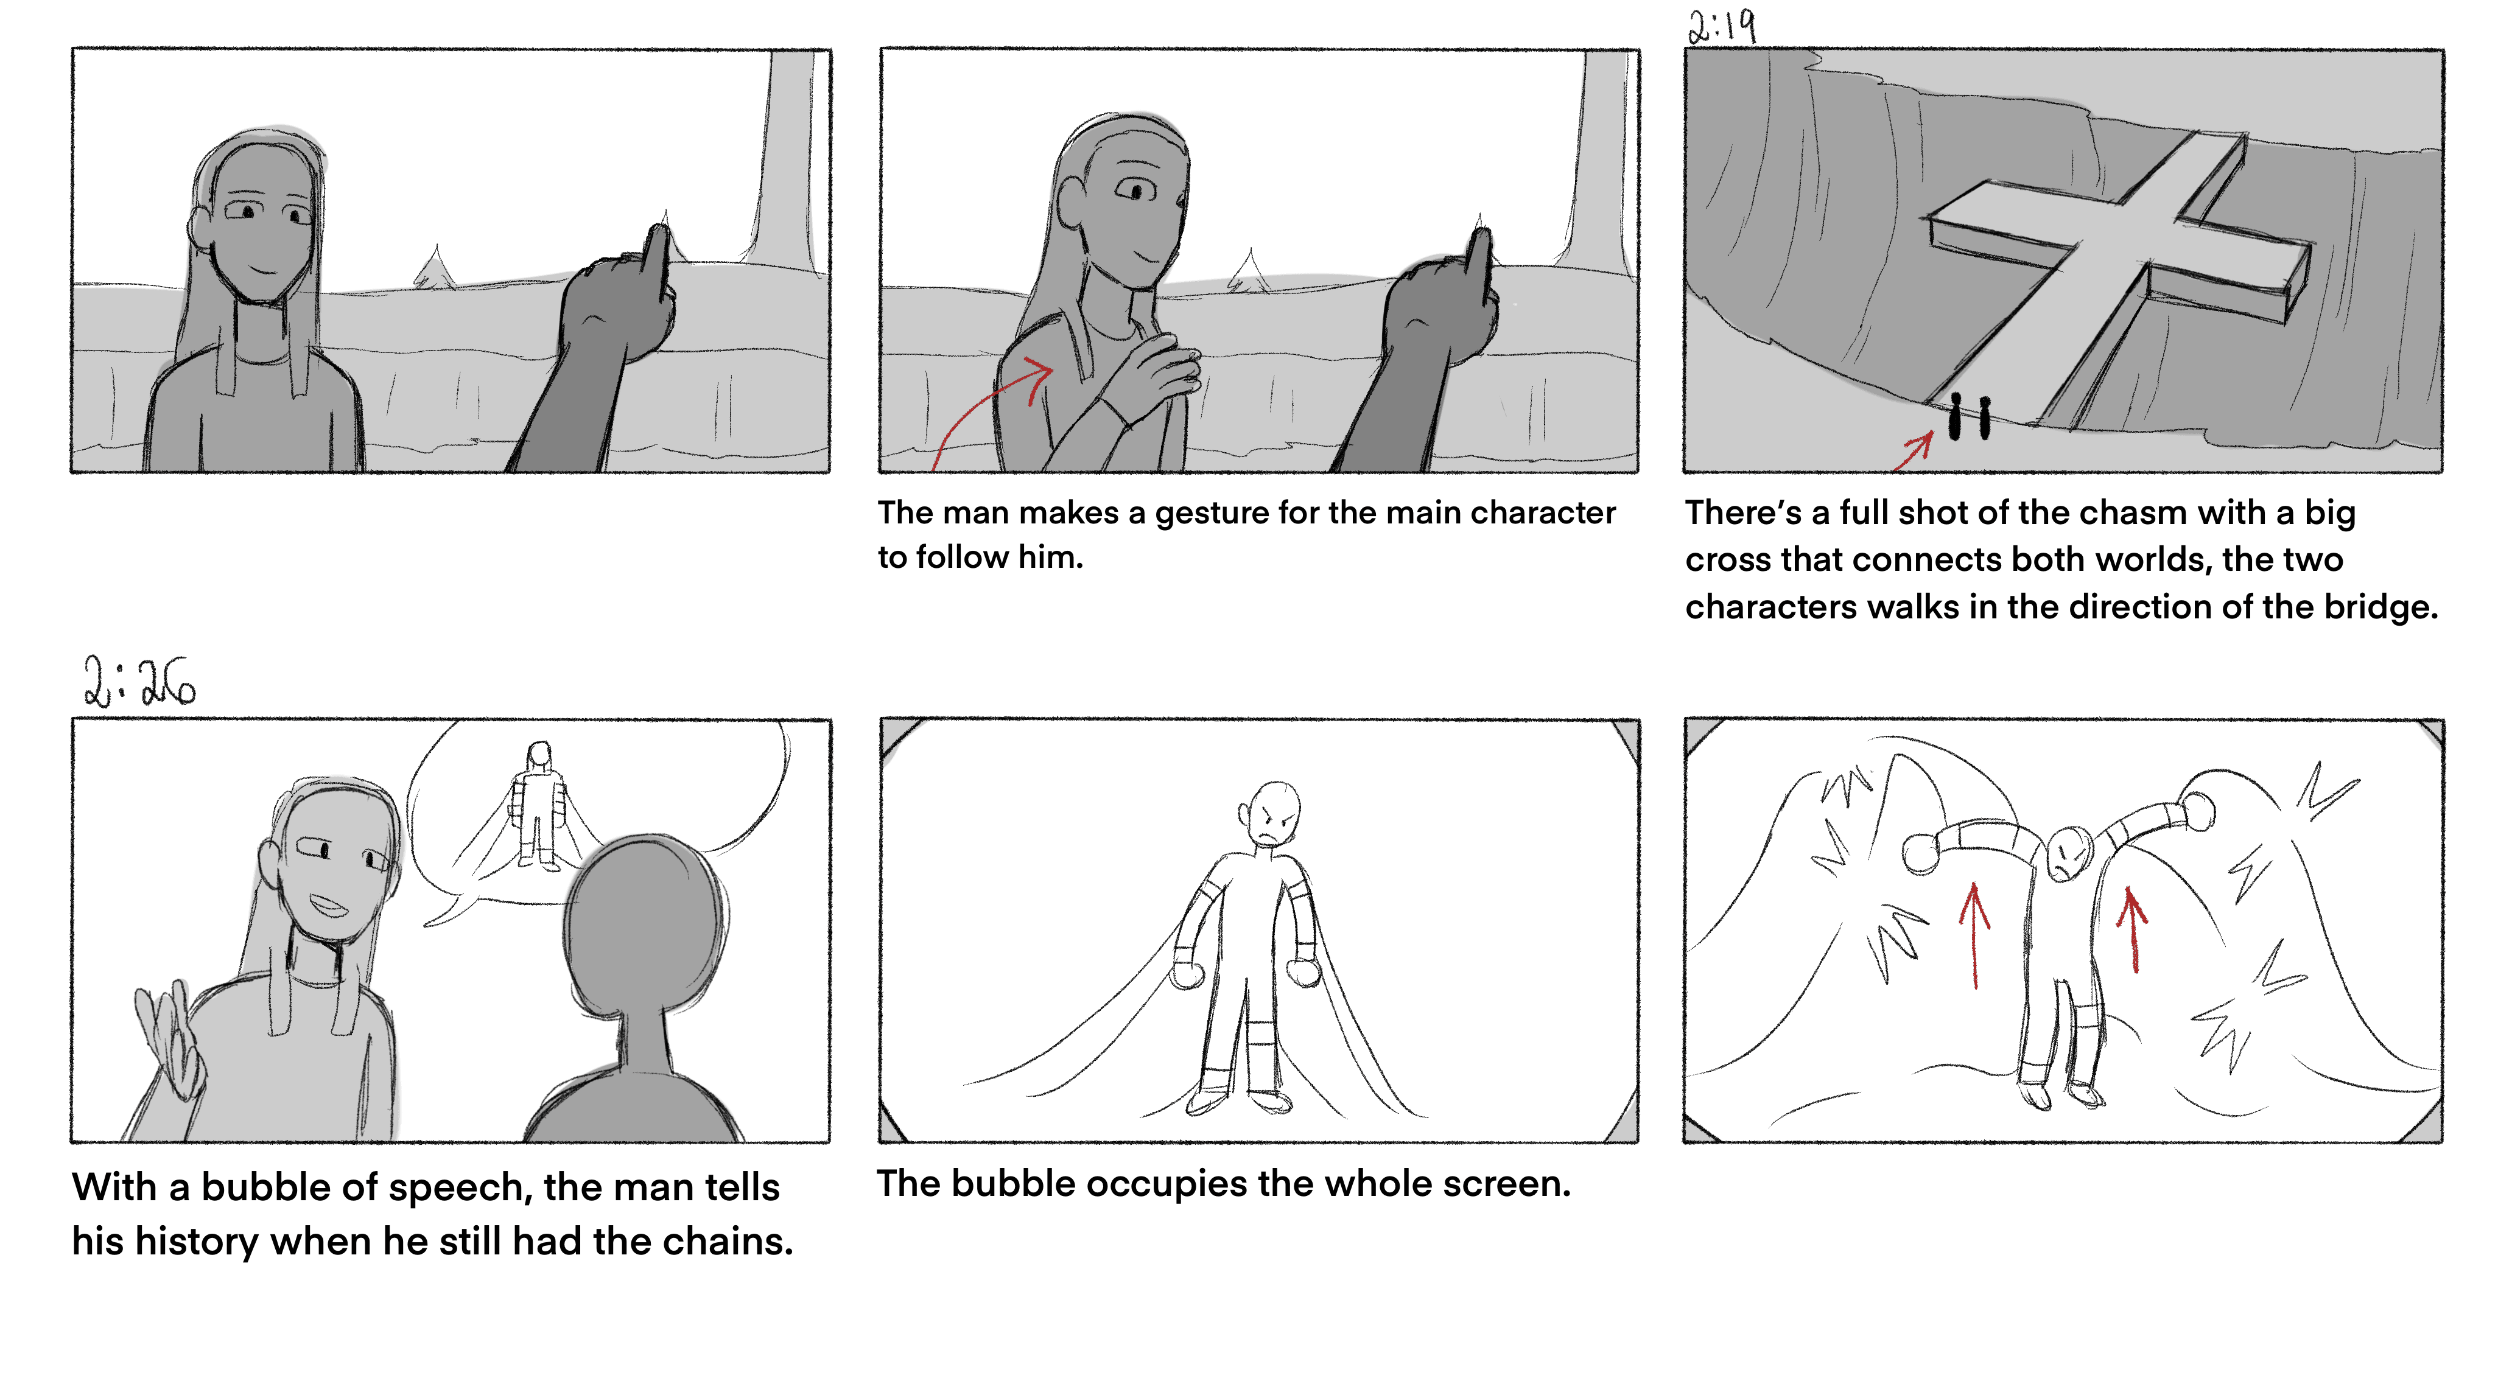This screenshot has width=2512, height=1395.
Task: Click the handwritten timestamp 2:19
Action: (1722, 26)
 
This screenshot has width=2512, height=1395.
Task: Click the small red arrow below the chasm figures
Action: (1914, 452)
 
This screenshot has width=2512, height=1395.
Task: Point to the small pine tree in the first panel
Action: (435, 267)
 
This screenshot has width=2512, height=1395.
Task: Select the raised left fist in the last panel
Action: (1921, 853)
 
